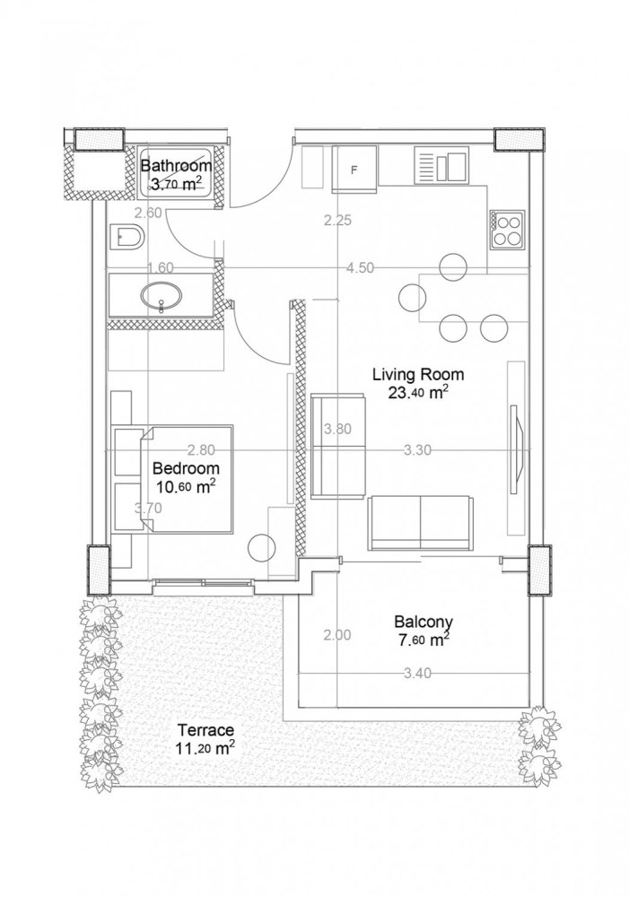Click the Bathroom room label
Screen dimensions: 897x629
coord(176,166)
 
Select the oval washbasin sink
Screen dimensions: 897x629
coord(162,294)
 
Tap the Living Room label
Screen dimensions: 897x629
coord(413,374)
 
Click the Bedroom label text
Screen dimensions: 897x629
coord(186,468)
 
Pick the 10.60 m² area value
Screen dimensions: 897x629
coord(186,487)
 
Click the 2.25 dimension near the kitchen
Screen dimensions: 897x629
coord(337,220)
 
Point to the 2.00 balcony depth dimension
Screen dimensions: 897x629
coord(336,635)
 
